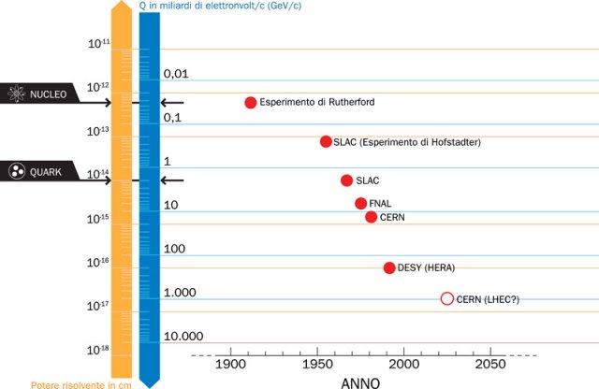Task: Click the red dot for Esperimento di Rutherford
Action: tap(251, 103)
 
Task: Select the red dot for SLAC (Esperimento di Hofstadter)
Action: tap(326, 142)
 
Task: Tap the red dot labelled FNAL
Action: tap(361, 204)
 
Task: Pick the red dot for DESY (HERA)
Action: tap(389, 268)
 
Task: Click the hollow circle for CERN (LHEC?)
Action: tap(446, 299)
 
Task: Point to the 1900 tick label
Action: tap(229, 364)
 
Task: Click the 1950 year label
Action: tap(317, 364)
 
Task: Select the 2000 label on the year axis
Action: tap(405, 364)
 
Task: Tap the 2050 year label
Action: tap(490, 364)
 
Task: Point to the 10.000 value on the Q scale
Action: tap(183, 337)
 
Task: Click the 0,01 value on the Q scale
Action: tap(176, 73)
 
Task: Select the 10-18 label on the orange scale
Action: tap(98, 350)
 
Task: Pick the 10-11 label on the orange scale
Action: tap(98, 43)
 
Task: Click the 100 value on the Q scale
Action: tap(175, 250)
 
